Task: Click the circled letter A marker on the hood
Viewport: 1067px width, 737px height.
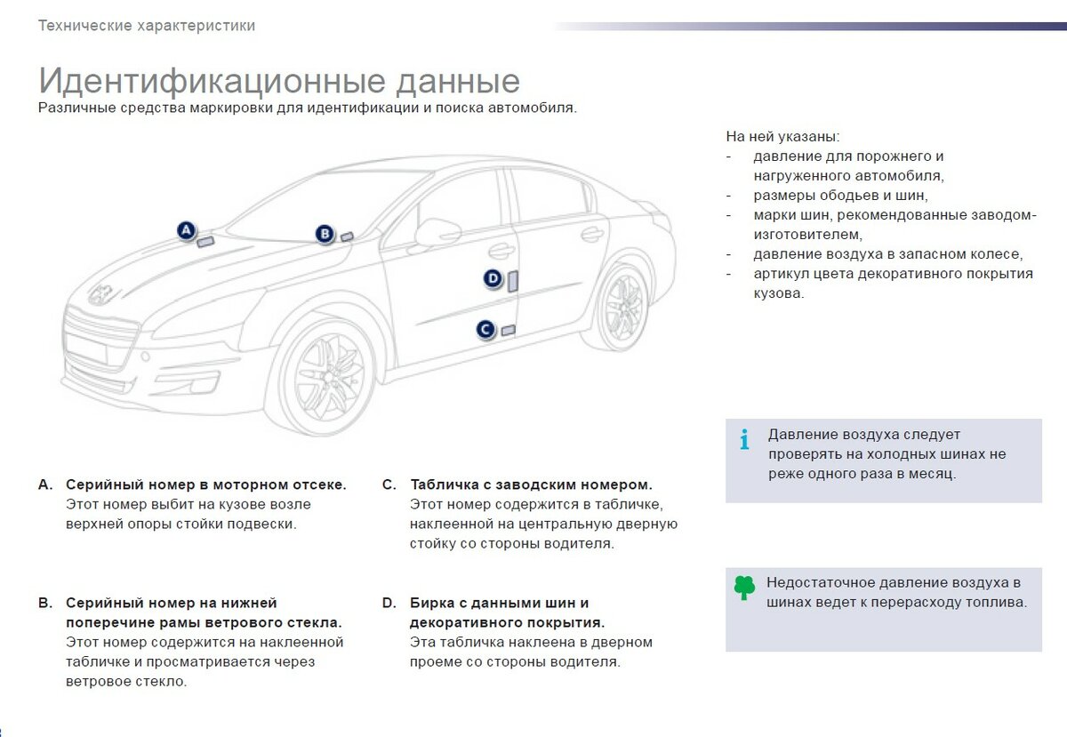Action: click(x=186, y=231)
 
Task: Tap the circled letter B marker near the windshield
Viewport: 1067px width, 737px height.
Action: click(x=325, y=234)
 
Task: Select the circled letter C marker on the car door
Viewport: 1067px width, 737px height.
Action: click(x=485, y=330)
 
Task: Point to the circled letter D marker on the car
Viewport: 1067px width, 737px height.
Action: click(x=493, y=278)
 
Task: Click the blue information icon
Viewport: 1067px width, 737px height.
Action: click(x=745, y=439)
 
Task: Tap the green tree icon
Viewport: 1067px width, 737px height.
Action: click(x=744, y=587)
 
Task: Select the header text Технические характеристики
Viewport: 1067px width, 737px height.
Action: click(x=147, y=26)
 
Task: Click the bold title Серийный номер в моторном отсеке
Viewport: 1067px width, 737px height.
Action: click(x=206, y=485)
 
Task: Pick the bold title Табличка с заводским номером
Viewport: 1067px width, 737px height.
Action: click(x=531, y=485)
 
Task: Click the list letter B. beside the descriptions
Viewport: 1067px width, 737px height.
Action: click(x=45, y=603)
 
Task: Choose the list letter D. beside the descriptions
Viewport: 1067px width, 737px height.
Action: click(x=389, y=603)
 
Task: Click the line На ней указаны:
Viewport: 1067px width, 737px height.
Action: click(x=782, y=137)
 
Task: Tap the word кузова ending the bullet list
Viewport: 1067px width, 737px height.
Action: click(x=778, y=293)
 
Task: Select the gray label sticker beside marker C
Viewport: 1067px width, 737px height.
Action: click(x=509, y=331)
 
